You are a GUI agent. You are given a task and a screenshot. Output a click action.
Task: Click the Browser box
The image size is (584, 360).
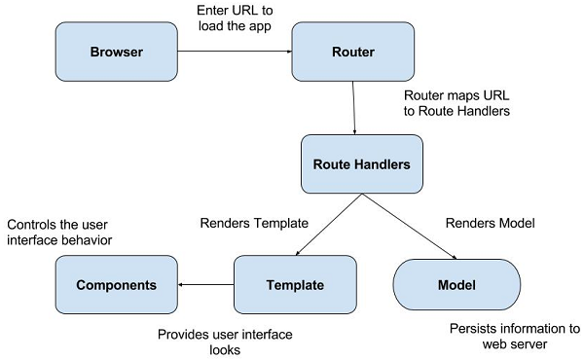116,52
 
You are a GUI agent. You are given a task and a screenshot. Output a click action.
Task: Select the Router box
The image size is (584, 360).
353,52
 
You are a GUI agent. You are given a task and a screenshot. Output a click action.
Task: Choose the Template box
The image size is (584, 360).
294,285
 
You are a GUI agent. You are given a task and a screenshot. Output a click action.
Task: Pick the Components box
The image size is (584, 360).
116,285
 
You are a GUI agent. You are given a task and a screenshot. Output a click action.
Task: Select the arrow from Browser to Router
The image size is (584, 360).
235,52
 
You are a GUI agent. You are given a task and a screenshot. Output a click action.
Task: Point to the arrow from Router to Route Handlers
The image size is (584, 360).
354,107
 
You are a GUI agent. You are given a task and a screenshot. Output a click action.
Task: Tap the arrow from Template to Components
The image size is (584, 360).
205,285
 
